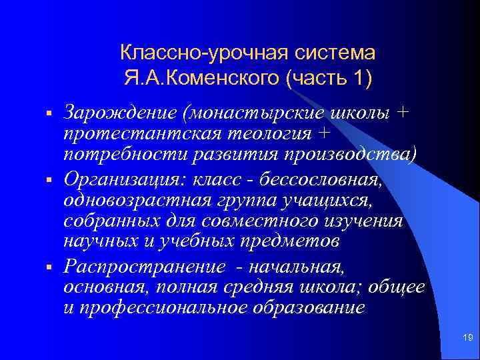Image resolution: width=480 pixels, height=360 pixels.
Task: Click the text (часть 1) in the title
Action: tap(328, 79)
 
